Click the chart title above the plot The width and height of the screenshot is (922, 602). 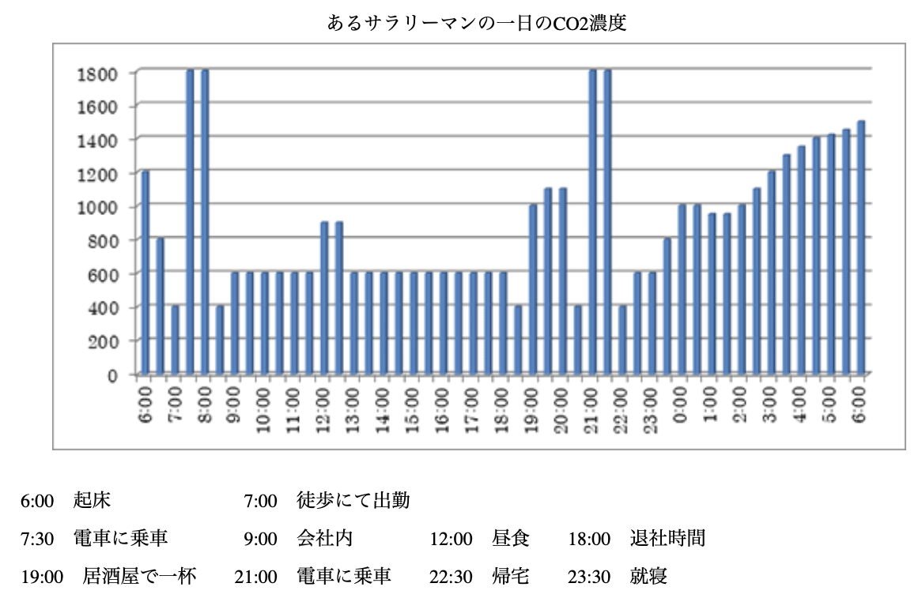tap(477, 23)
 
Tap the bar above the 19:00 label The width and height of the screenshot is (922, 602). tap(533, 289)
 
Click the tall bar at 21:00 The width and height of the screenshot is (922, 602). tap(593, 221)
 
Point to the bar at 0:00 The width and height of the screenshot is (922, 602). tap(682, 289)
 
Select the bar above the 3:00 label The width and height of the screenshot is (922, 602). tap(772, 273)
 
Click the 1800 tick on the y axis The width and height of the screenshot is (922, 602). tap(97, 74)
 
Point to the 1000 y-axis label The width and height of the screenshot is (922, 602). tap(97, 207)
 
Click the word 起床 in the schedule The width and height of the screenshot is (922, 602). tap(92, 500)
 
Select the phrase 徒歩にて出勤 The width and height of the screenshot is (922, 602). tap(353, 500)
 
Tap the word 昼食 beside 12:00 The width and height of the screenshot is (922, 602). tap(511, 538)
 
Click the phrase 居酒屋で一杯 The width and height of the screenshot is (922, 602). tap(139, 576)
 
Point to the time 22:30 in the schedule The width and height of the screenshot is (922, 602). tap(451, 577)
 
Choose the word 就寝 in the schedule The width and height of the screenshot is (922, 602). tap(648, 576)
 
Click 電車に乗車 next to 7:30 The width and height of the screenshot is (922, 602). tap(120, 538)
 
